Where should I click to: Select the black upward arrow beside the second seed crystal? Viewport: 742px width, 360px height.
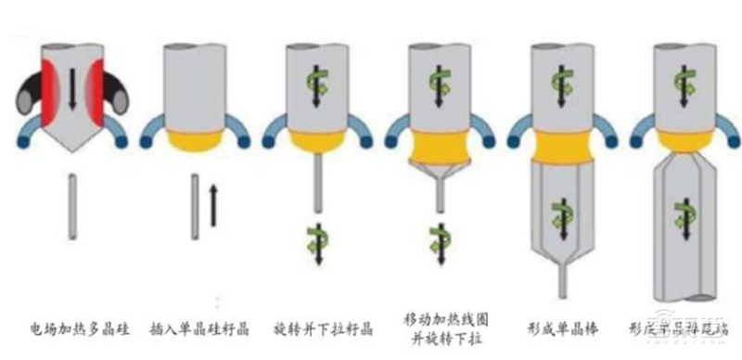(212, 205)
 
